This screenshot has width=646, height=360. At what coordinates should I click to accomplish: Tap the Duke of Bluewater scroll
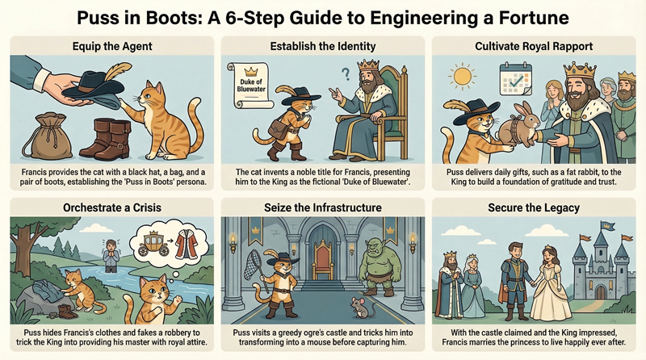pos(250,86)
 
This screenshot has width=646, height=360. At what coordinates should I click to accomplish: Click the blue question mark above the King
pos(346,73)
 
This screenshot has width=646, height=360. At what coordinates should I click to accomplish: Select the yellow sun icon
pos(462,76)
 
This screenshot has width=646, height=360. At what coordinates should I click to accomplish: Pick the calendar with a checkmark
pos(515,78)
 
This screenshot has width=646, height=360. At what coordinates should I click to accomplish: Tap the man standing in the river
pos(111,256)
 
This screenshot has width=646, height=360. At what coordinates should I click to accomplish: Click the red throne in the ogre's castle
pos(323,259)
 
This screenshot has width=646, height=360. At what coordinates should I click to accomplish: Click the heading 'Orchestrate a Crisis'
pos(112,207)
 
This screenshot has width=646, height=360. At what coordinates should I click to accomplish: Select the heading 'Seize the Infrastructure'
pos(323,207)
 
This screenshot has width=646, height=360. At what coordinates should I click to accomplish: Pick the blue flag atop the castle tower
pos(607,226)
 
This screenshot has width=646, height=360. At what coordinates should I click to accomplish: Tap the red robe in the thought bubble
pos(187,245)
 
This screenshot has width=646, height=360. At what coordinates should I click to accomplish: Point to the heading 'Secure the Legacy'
pos(534,207)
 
